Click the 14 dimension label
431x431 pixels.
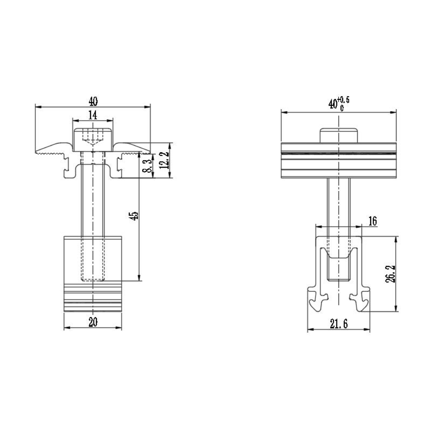point(93,115)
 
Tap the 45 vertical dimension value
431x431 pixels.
point(134,216)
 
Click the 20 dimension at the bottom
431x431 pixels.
point(93,322)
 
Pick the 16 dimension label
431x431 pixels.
point(372,221)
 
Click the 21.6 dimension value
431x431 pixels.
point(339,325)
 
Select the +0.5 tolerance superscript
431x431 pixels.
point(344,100)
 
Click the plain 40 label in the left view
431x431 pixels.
point(93,101)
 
